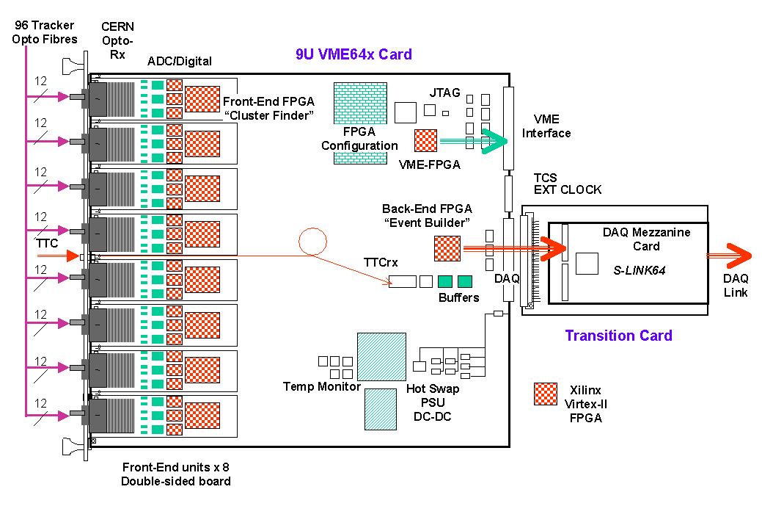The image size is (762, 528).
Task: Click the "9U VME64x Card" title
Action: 353,54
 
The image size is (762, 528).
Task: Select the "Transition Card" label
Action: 618,336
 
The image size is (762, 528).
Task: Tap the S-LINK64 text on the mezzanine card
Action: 640,271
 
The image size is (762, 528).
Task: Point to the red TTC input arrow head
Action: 70,256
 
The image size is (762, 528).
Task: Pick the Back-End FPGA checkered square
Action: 447,248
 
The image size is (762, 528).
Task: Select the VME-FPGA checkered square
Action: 425,140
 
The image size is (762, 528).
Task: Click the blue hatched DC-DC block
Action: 383,408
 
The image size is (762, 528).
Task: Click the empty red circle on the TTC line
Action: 312,242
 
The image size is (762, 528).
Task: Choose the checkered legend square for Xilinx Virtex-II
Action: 546,394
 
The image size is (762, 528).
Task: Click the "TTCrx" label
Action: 381,261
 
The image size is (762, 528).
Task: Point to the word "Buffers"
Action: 459,297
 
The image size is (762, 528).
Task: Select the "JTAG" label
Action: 444,93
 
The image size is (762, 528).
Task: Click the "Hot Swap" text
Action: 429,390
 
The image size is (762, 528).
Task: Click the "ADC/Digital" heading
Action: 180,61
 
